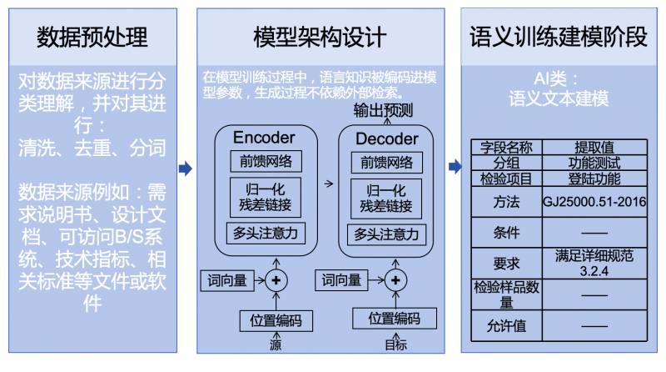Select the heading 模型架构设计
point(320,38)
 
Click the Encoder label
point(264,137)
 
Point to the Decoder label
point(386,138)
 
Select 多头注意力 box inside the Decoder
point(387,234)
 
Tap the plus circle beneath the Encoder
point(276,280)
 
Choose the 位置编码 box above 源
point(276,319)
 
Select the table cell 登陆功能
point(594,178)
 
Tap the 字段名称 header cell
point(506,148)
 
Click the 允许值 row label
point(506,325)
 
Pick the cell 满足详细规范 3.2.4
point(594,263)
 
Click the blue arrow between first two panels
point(186,168)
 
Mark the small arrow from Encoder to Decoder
point(327,183)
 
